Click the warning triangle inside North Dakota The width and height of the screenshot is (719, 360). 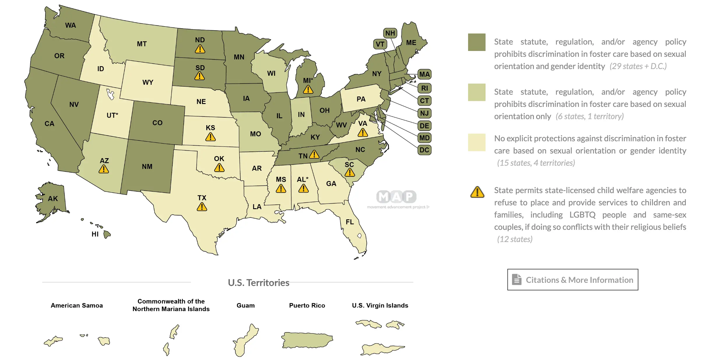[200, 49]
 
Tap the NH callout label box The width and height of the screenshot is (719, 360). [390, 33]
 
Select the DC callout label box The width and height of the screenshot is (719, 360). [424, 150]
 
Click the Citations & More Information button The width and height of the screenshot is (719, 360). [573, 280]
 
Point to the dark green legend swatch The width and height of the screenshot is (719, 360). [477, 42]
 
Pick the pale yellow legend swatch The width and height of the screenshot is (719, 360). [477, 142]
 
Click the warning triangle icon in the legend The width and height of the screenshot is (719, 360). [477, 192]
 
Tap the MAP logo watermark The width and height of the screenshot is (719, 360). [396, 197]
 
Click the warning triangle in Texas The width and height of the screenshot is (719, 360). [202, 207]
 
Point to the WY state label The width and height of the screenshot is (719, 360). [148, 82]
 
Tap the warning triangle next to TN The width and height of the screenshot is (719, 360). [314, 154]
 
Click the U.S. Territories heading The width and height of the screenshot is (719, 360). [258, 283]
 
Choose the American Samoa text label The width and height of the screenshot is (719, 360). [77, 306]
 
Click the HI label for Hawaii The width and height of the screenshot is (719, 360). [95, 234]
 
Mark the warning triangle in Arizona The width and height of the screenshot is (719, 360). [104, 169]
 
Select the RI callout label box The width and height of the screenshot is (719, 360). [424, 88]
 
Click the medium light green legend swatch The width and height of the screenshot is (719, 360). [477, 92]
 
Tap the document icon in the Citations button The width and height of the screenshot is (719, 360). [517, 280]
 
